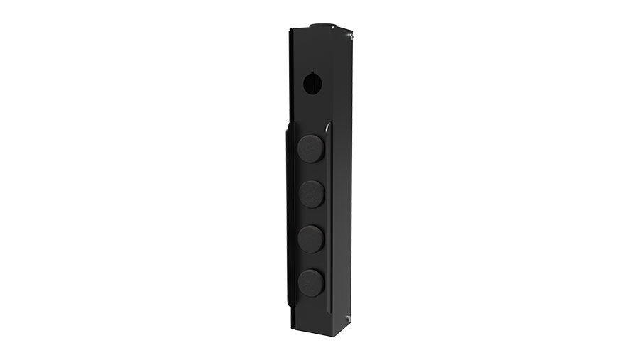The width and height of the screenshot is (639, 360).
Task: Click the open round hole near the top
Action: (x=312, y=84)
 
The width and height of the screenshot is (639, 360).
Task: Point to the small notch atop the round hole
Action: (x=312, y=74)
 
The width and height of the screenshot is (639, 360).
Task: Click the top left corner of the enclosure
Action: (x=290, y=31)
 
